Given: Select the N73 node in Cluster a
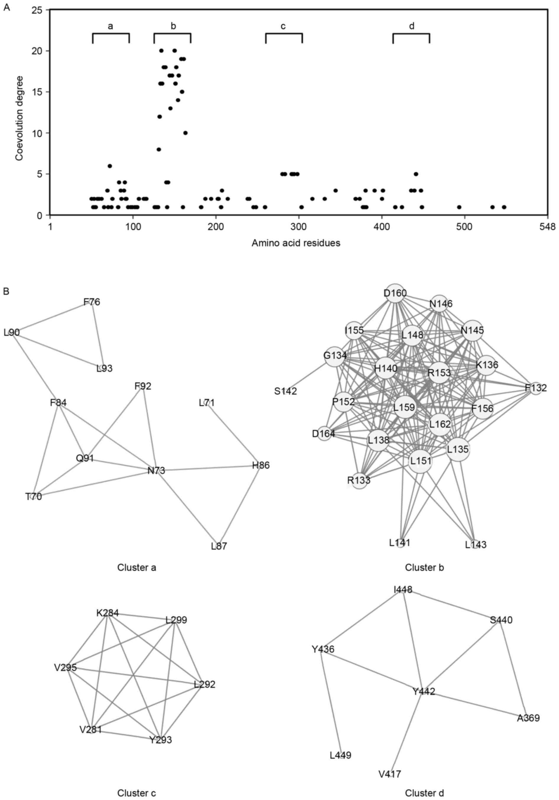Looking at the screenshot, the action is click(156, 470).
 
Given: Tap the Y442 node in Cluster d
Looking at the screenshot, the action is click(423, 691).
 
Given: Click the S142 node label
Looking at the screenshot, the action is click(285, 391).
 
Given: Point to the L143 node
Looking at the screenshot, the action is click(475, 544).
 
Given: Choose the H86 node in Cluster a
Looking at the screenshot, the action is click(261, 465).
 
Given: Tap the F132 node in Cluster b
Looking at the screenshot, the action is click(536, 388).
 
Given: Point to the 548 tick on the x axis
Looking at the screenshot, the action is click(548, 227).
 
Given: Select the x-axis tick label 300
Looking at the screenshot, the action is click(299, 227).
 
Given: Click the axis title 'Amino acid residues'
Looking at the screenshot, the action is click(295, 243).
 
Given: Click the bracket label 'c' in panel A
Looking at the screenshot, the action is click(283, 26).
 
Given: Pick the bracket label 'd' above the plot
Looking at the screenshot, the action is click(411, 26).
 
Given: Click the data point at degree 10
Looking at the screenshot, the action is click(186, 133).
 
